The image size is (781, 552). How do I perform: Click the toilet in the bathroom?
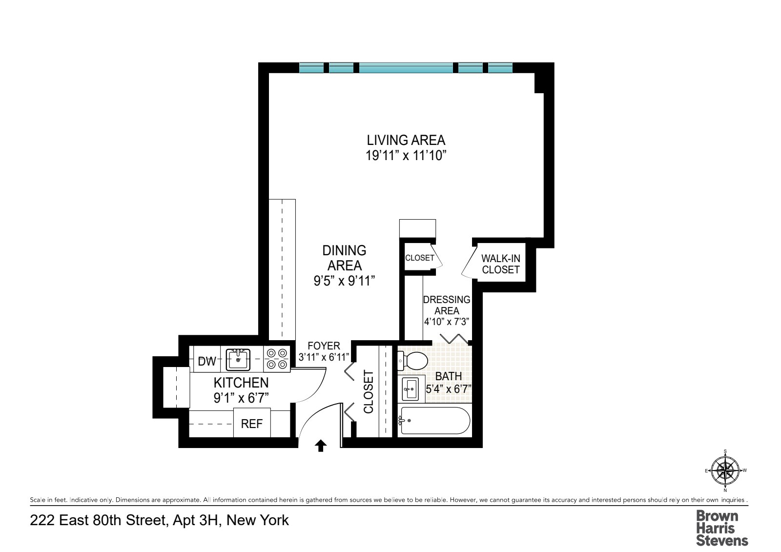[414, 361]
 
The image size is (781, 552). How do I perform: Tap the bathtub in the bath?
[435, 421]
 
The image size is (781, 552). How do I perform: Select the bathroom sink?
[411, 389]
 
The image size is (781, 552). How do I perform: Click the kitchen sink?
[238, 360]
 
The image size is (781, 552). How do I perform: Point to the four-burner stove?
[277, 359]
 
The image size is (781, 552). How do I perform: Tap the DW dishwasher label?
[206, 362]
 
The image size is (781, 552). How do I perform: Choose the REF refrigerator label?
[251, 424]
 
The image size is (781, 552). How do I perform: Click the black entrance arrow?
[321, 445]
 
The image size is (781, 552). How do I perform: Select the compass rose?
[725, 470]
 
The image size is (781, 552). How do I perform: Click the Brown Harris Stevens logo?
[721, 528]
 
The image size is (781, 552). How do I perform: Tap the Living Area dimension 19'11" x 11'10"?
[406, 156]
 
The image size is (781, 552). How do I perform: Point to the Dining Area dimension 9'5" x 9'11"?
[344, 281]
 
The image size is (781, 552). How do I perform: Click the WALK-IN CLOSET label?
[501, 264]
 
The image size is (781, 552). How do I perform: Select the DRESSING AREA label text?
[447, 305]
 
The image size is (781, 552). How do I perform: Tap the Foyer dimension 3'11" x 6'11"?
[324, 357]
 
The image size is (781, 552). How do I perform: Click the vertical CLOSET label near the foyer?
[369, 391]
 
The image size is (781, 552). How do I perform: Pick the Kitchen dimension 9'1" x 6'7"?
[241, 398]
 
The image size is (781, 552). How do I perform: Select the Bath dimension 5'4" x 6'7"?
[448, 388]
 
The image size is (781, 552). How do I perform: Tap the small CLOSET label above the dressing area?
[419, 258]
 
